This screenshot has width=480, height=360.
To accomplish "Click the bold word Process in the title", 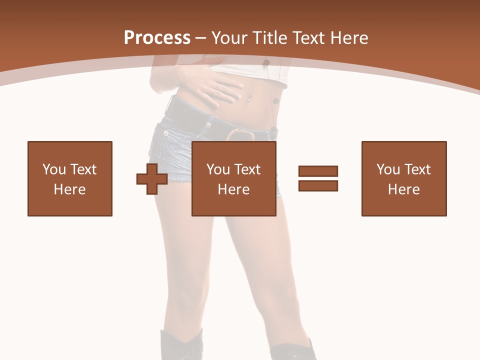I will tap(157, 37).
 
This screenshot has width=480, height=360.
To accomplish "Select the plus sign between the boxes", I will tap(152, 179).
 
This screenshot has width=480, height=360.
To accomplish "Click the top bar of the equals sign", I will tap(318, 171).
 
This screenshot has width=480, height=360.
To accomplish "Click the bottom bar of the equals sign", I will tap(318, 185).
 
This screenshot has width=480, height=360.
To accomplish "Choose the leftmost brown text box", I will tap(70, 178).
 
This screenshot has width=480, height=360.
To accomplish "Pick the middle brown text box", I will tap(233, 178).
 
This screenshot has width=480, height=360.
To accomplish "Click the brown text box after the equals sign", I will tap(404, 178).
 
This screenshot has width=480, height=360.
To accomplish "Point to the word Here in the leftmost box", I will tap(70, 189).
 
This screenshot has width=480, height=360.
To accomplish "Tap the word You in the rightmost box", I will tap(388, 169).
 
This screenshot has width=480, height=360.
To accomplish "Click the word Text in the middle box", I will tap(248, 169).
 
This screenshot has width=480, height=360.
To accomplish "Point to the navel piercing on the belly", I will tap(246, 98).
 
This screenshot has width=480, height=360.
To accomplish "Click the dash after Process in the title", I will tap(201, 38).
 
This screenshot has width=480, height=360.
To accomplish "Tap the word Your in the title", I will tap(229, 37).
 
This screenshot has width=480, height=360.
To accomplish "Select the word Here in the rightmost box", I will tap(404, 189).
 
